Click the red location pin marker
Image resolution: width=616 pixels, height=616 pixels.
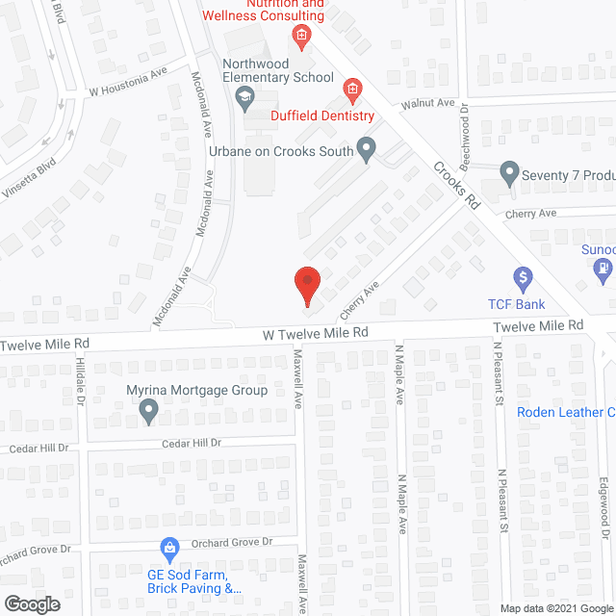pos(306,285)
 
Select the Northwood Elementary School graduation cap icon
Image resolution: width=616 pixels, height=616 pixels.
pos(245,95)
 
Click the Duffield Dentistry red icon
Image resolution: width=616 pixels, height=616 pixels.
pos(352,90)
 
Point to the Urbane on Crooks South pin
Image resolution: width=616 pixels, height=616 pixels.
pos(367,148)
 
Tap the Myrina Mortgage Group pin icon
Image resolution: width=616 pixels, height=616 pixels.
pos(149,412)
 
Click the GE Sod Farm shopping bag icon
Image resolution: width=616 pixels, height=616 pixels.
pos(169,548)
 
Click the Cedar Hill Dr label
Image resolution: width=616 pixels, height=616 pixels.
pos(190,443)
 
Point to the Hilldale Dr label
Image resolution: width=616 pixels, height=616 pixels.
pos(81,380)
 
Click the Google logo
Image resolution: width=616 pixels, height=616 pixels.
pos(32,604)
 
